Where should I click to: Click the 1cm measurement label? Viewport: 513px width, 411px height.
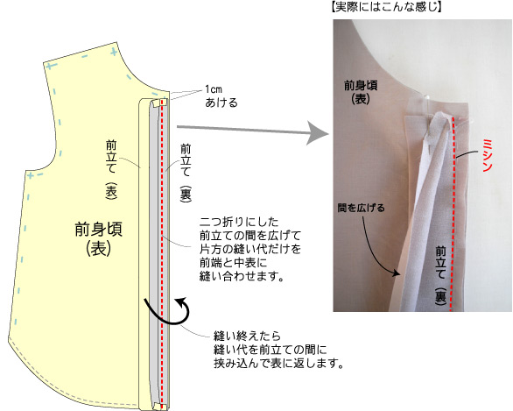[214, 89]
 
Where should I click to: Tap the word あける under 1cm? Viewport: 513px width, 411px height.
[221, 103]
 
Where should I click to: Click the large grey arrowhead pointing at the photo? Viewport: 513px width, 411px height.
[318, 132]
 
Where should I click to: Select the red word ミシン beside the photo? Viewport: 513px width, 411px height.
[488, 155]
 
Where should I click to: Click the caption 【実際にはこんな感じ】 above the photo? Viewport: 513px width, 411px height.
[386, 6]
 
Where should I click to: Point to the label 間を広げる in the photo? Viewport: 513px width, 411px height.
[361, 208]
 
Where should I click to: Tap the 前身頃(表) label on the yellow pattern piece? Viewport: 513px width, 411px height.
[98, 238]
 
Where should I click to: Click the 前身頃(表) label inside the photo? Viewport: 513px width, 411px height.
[361, 92]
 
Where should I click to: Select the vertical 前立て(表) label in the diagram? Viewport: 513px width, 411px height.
[111, 170]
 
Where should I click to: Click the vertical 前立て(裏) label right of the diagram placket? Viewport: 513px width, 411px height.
[186, 173]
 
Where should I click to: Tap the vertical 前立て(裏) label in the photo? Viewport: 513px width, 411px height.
[440, 276]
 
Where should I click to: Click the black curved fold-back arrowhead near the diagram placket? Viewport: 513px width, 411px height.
[181, 301]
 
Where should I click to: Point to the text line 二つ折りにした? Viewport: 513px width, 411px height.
[239, 222]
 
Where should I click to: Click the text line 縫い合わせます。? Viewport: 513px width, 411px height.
[242, 277]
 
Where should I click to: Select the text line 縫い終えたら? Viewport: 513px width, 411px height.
[248, 337]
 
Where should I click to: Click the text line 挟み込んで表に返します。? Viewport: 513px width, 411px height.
[278, 364]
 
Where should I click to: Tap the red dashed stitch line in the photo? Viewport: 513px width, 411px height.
[453, 213]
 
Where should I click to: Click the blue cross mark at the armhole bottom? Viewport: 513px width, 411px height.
[30, 176]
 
